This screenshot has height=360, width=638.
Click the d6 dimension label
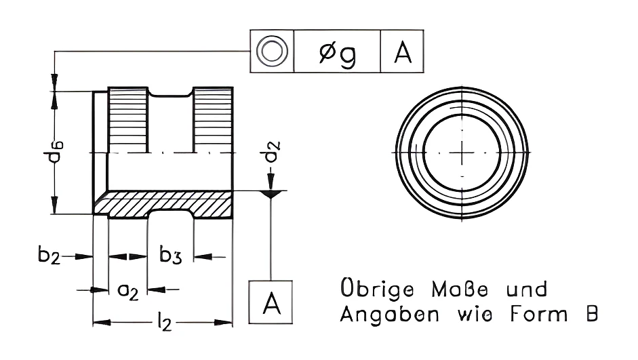point(54,152)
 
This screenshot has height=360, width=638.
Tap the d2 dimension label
point(271,151)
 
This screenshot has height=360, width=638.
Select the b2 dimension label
point(49,255)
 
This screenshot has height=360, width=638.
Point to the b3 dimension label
point(170,255)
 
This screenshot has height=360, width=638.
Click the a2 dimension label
point(127,291)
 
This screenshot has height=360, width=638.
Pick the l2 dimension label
point(164,323)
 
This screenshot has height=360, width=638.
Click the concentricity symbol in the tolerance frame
point(272,52)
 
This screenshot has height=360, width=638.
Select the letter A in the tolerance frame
point(403,52)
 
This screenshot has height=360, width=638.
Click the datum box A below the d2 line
point(271,302)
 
